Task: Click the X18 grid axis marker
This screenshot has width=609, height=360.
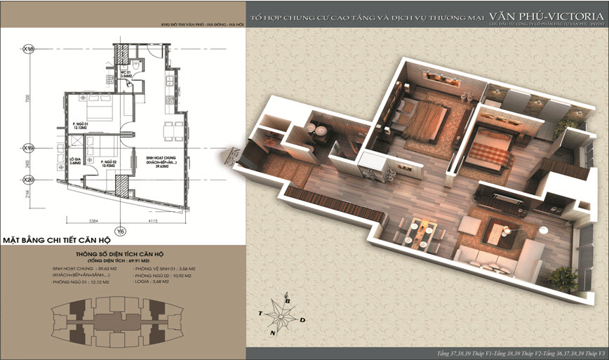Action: (x=29, y=49)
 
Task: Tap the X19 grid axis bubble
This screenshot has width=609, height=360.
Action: (x=29, y=149)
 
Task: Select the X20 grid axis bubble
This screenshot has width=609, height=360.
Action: (x=29, y=179)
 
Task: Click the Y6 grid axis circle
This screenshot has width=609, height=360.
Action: (x=120, y=230)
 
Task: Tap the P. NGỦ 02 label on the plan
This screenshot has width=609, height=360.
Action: (x=107, y=163)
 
